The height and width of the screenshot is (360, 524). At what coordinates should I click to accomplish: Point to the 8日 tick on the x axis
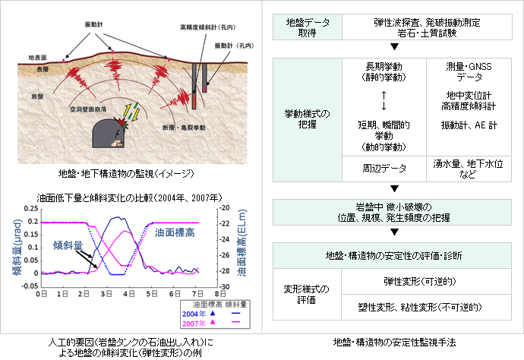pyautogui.click(x=218, y=292)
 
